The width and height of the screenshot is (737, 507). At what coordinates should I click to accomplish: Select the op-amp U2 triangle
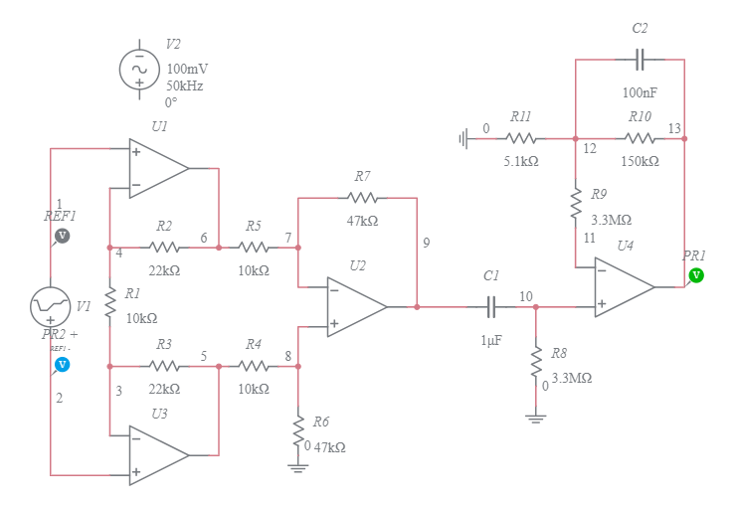356,307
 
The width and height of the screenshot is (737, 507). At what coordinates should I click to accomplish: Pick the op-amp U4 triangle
624,287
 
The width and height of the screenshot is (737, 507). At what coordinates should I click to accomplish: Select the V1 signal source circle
50,307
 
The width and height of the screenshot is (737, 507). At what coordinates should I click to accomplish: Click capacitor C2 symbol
641,60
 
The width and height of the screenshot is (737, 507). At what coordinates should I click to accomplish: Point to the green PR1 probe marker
696,274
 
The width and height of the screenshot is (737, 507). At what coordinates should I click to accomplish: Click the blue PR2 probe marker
62,365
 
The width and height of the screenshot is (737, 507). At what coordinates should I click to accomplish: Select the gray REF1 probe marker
62,236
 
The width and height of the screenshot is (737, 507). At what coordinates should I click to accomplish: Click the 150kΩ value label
641,161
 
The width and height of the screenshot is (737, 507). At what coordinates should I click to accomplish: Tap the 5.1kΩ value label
521,161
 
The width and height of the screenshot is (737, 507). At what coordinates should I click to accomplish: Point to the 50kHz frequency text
185,86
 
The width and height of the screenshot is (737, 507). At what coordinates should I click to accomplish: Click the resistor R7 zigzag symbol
362,198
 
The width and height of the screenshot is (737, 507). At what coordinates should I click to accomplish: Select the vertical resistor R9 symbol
576,204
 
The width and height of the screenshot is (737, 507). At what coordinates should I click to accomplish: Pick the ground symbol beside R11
464,139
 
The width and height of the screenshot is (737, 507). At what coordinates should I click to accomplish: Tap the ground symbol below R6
297,466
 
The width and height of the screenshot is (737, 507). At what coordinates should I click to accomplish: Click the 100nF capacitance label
641,92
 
